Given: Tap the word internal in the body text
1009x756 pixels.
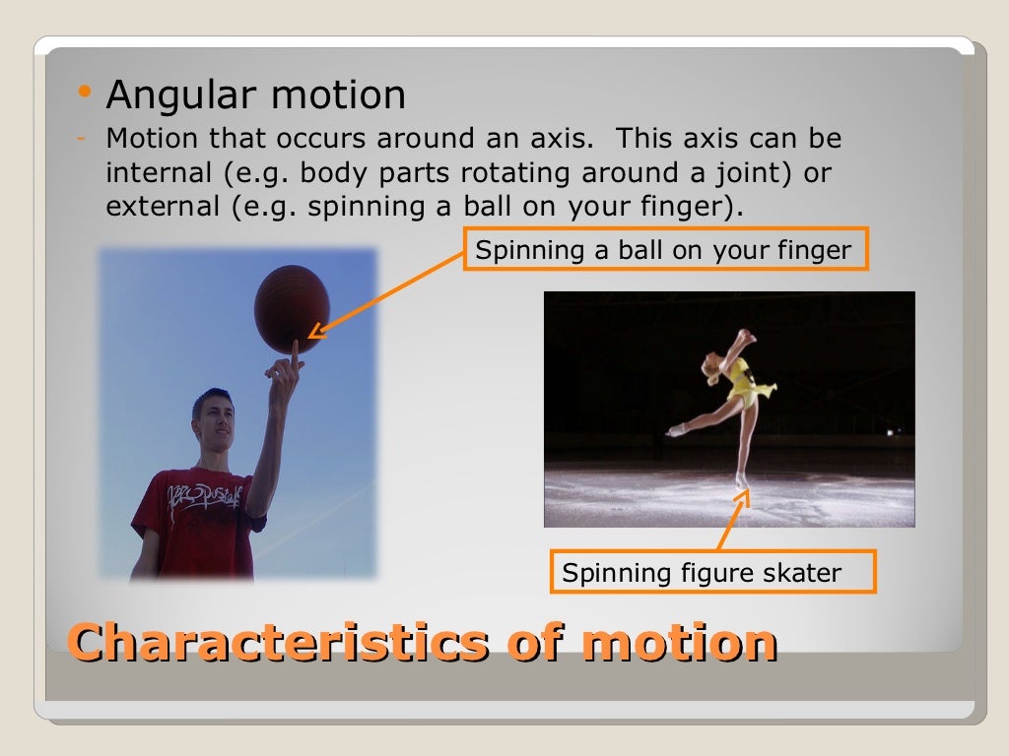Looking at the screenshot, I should click(x=159, y=173).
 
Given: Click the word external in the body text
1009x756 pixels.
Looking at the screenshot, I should click(x=162, y=208).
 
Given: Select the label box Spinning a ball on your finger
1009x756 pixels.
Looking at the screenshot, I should click(x=664, y=250).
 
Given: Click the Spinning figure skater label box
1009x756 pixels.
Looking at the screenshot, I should click(x=702, y=572).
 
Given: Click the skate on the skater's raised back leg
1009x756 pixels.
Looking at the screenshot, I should click(x=676, y=429).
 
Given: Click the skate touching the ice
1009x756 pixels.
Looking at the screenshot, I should click(x=742, y=481).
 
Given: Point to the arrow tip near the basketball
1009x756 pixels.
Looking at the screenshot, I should click(x=314, y=335).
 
